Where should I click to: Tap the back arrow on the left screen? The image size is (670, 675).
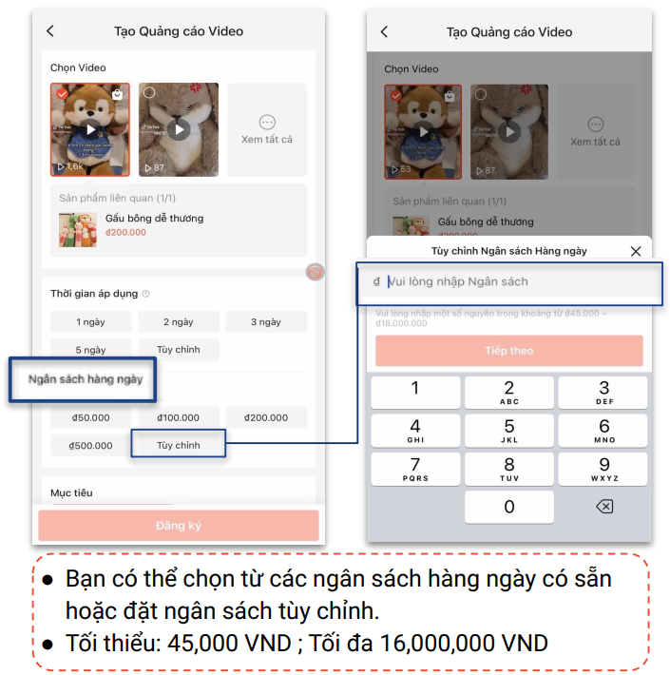click(50, 31)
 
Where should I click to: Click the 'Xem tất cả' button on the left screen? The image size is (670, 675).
click(267, 129)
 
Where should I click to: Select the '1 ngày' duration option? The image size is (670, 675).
click(91, 322)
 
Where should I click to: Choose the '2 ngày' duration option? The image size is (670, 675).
click(179, 322)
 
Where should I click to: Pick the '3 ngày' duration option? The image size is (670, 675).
click(266, 322)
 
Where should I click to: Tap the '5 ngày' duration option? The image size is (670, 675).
click(91, 350)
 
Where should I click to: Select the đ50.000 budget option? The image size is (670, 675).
click(91, 417)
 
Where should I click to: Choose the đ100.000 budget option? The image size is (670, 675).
click(179, 417)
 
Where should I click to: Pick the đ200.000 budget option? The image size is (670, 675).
click(266, 417)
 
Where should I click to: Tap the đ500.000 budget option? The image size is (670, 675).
click(91, 445)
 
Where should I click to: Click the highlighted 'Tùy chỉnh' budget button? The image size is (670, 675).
click(179, 445)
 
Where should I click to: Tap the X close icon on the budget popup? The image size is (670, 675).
click(636, 251)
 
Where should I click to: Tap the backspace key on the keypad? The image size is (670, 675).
click(603, 507)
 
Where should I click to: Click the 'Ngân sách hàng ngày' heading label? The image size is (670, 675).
click(86, 379)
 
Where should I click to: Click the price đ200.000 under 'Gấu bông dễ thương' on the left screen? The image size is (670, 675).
click(125, 233)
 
